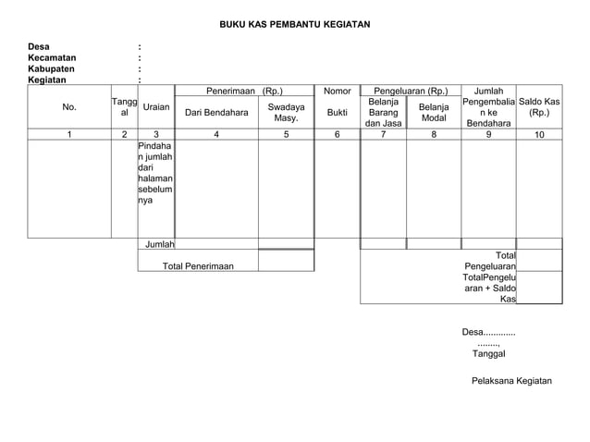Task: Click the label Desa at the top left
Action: tap(39, 46)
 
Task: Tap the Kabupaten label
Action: tap(53, 68)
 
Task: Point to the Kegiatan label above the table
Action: tap(48, 80)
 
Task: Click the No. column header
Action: tap(69, 108)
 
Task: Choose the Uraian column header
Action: tap(155, 108)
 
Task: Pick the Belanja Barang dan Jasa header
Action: tap(383, 112)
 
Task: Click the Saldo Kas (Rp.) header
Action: tap(539, 107)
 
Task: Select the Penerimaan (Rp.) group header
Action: tap(244, 92)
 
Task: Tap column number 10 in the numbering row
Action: tap(539, 135)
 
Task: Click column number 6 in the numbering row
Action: tap(337, 135)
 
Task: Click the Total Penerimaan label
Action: tap(198, 266)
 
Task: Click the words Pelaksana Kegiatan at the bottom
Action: tap(510, 381)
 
